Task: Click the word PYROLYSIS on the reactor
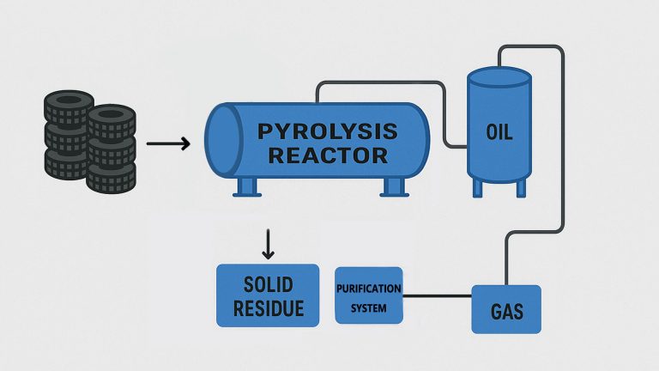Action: click(329, 131)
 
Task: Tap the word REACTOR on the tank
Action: click(328, 155)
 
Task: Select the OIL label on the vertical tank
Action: click(499, 133)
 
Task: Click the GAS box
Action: click(506, 310)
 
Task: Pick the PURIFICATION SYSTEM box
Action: click(368, 295)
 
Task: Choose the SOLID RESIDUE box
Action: click(268, 295)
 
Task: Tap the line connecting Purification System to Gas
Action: click(437, 296)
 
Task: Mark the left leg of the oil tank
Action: click(478, 186)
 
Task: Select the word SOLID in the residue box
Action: click(268, 284)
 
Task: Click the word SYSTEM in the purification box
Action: click(368, 306)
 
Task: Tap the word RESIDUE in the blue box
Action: click(268, 307)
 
